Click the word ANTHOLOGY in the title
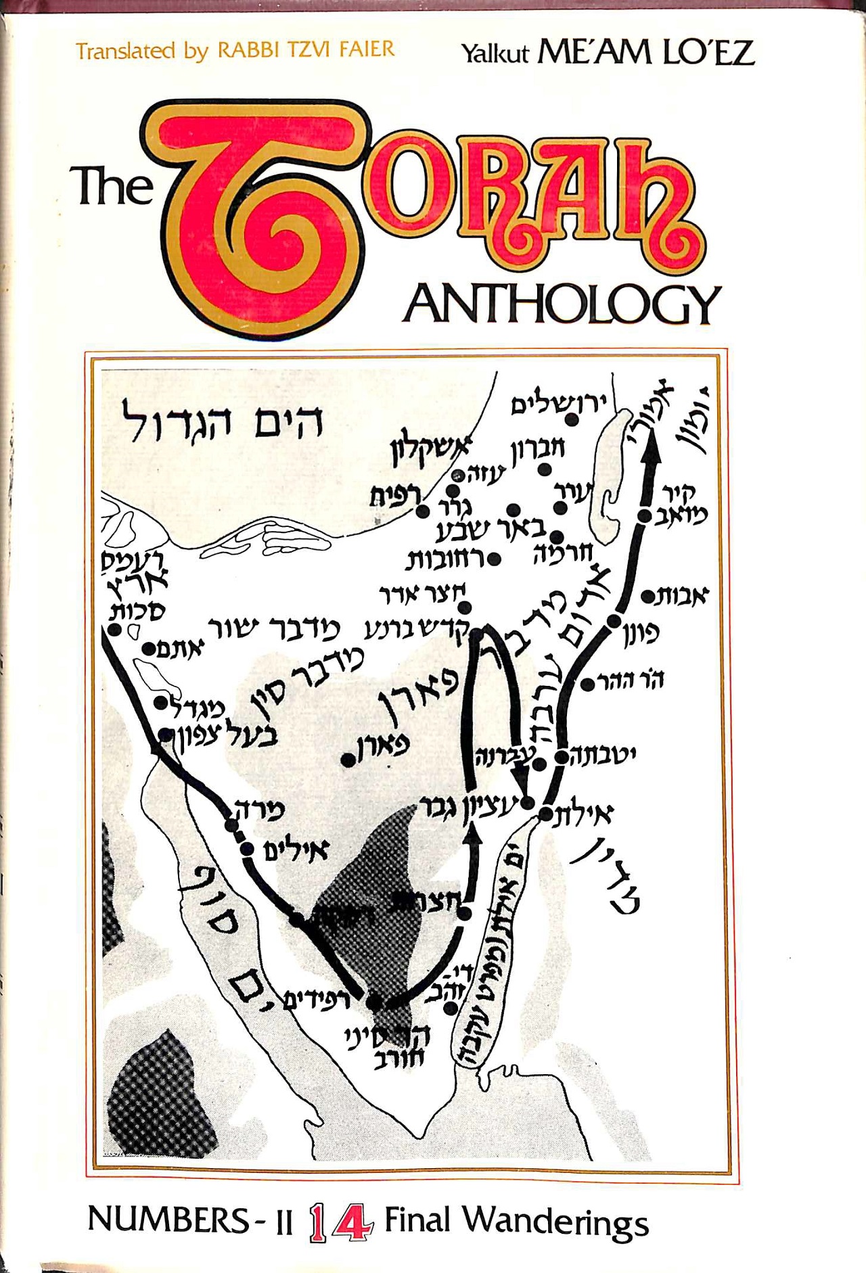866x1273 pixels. tap(562, 305)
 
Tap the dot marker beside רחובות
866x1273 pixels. tap(495, 559)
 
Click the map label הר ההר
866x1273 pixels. tap(631, 679)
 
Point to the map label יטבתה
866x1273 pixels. tap(604, 755)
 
